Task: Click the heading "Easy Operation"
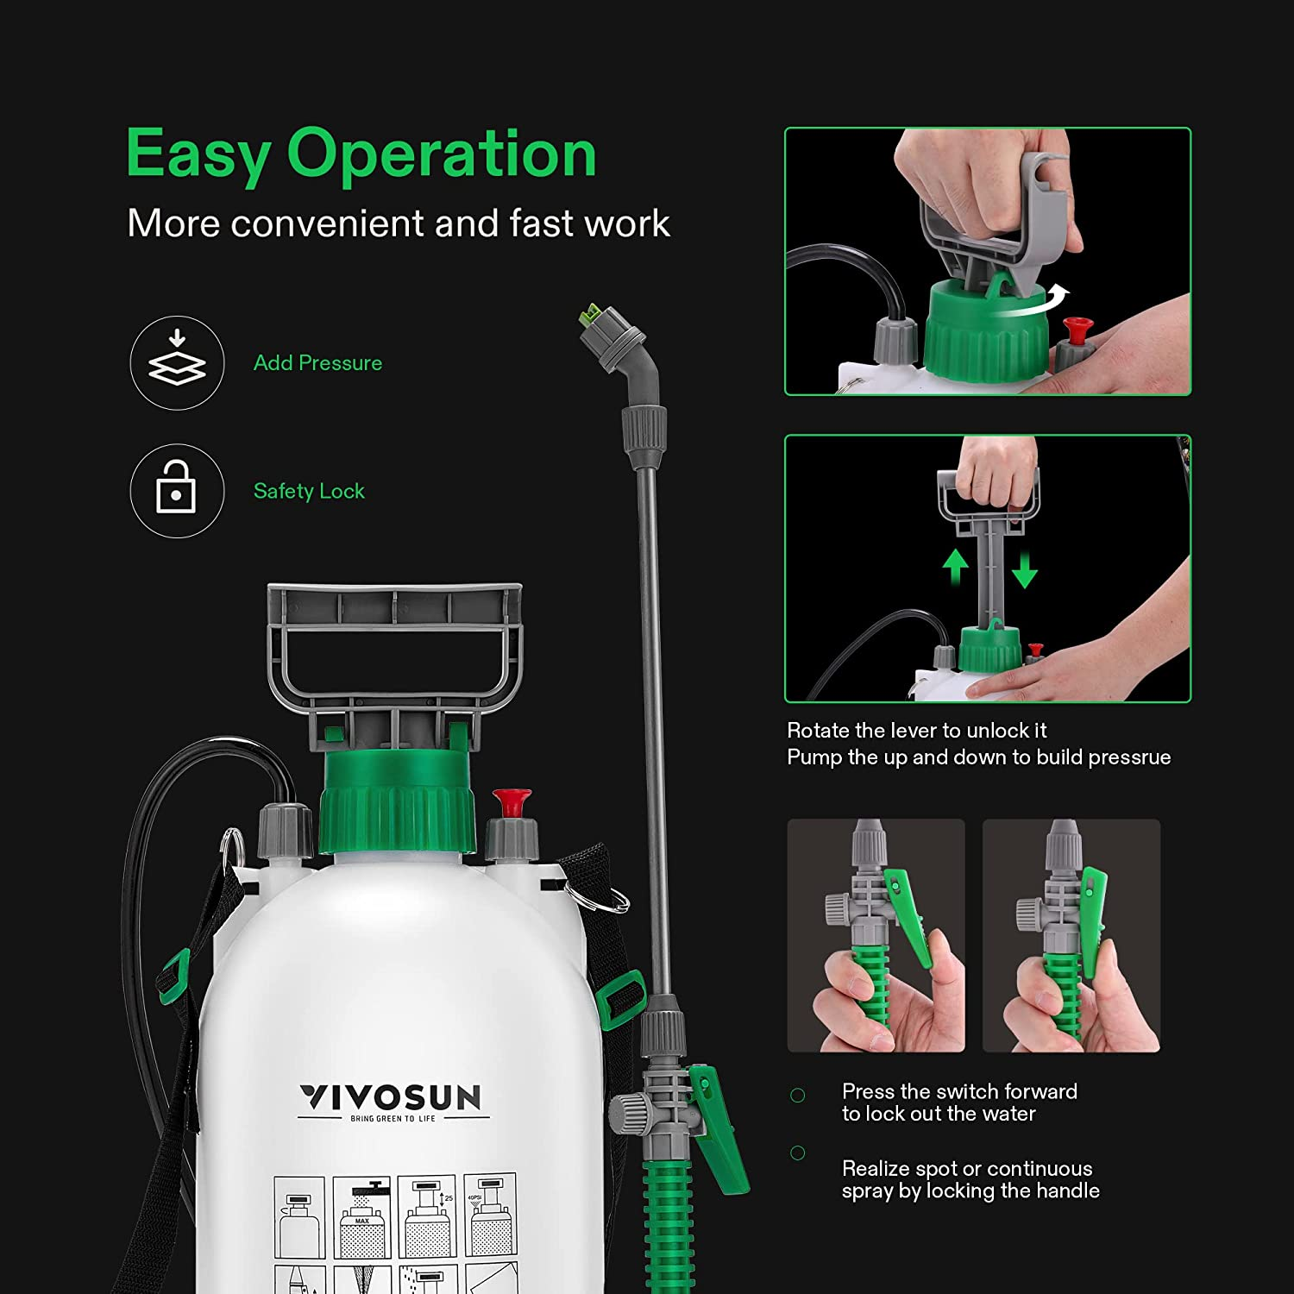(361, 154)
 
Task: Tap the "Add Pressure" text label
(317, 363)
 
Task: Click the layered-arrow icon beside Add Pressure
(177, 361)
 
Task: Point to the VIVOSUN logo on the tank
(391, 1098)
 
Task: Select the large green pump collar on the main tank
(397, 802)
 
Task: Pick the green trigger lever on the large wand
(718, 1126)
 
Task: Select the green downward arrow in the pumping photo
(1024, 570)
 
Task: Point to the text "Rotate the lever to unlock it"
(916, 731)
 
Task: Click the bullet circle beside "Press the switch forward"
(798, 1096)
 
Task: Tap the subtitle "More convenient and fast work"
(398, 223)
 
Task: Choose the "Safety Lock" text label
(309, 491)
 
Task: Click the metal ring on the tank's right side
(611, 900)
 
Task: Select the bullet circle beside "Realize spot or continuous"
(798, 1153)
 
